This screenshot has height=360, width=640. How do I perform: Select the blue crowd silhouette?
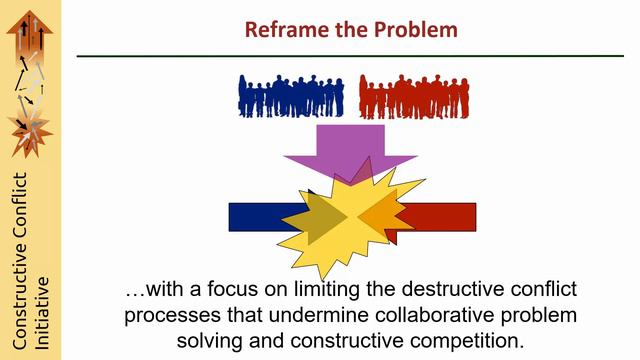pyautogui.click(x=291, y=97)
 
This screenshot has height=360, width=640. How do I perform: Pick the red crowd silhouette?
pyautogui.click(x=414, y=97)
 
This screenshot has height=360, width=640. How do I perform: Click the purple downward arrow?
pyautogui.click(x=329, y=150)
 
